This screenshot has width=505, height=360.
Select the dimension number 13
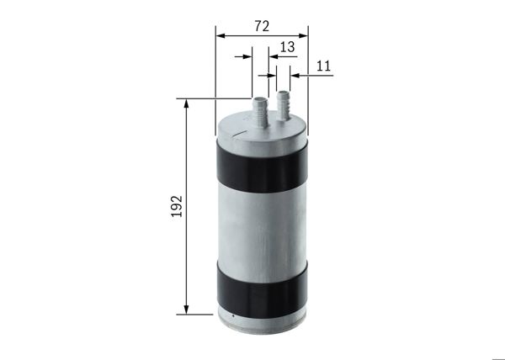[x=287, y=47]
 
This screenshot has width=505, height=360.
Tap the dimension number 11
[x=324, y=65]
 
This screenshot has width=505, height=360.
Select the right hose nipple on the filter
[x=284, y=102]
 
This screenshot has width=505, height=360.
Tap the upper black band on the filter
[x=262, y=165]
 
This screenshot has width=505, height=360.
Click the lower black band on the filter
[x=262, y=288]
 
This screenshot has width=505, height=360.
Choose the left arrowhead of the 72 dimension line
[x=220, y=36]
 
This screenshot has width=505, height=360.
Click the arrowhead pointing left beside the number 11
[x=295, y=76]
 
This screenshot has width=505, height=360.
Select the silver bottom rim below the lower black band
[x=262, y=318]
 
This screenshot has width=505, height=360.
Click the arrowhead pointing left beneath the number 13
[x=273, y=57]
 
